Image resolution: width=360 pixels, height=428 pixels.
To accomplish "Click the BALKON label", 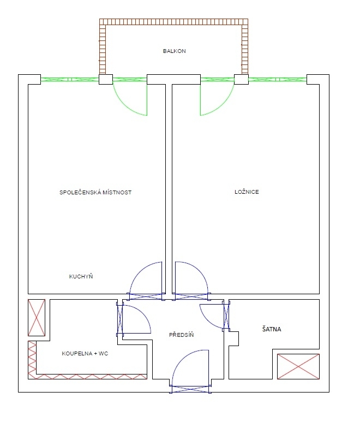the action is pos(175,51).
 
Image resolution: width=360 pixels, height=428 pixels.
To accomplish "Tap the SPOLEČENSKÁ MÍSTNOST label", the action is pos(95,192).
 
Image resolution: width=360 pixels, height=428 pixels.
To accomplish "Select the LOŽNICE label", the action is pos(247,192).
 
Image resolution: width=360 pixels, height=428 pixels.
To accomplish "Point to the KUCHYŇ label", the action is pos(81,276).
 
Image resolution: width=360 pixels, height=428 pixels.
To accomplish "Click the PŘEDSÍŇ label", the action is pos(181,335).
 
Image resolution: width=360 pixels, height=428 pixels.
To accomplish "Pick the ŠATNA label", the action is pos(272,329).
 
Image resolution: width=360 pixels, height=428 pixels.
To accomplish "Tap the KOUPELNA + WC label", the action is pos(85,354).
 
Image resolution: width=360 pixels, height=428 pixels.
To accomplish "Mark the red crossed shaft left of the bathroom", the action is pos(37,318).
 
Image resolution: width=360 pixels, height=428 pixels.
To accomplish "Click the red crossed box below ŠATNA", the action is pos(298,367).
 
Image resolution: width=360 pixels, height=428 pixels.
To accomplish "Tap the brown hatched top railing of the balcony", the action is pos(173,22).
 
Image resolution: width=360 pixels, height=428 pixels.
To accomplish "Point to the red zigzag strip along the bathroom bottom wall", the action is pos(92,377).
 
